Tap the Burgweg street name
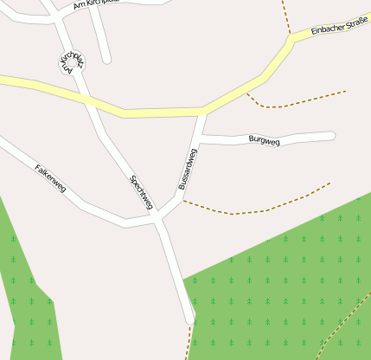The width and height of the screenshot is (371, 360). pyautogui.click(x=264, y=139)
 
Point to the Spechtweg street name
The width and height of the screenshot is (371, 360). pyautogui.click(x=141, y=192)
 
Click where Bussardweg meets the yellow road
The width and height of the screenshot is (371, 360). pyautogui.click(x=203, y=112)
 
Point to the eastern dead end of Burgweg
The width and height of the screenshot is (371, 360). pyautogui.click(x=331, y=135)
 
